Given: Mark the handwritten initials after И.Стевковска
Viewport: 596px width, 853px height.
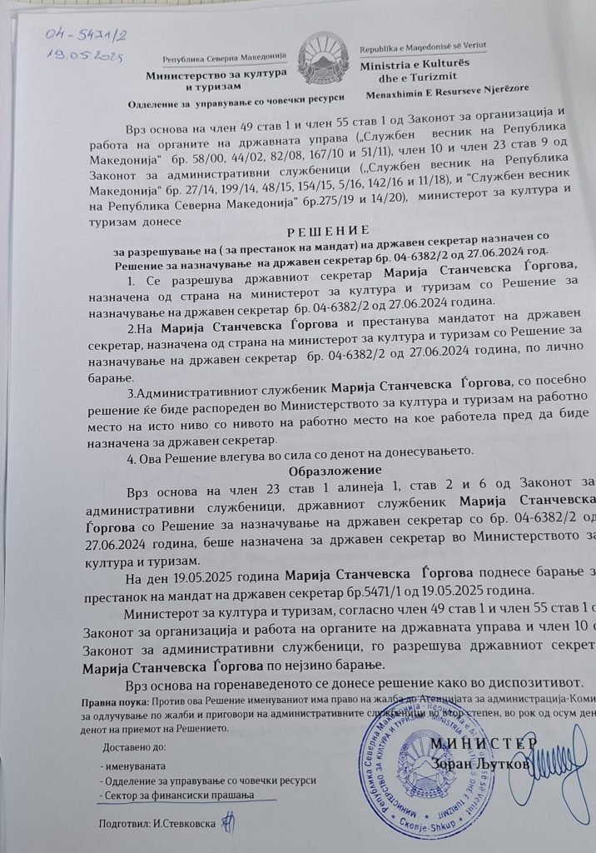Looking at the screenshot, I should click(x=221, y=823).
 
